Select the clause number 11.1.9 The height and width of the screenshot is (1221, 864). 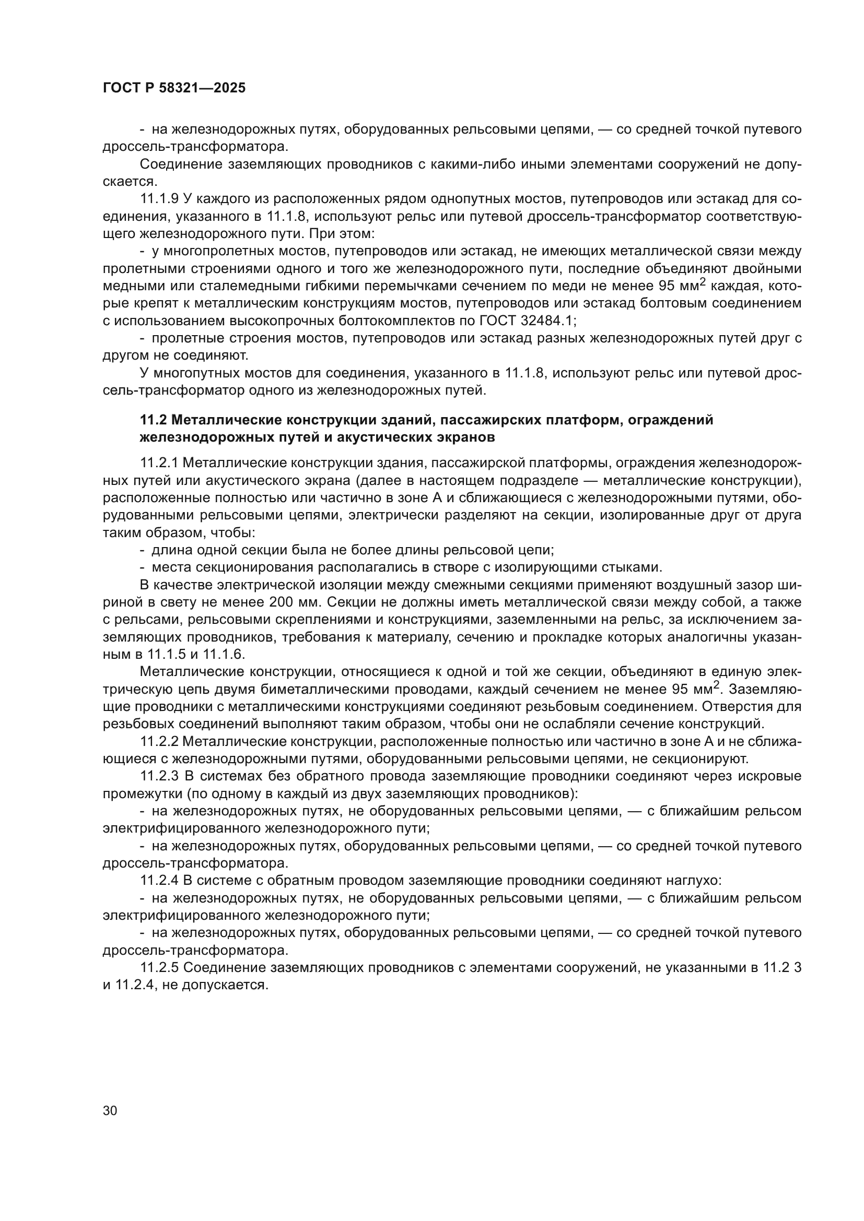[x=159, y=199]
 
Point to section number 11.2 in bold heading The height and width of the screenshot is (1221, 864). [x=153, y=420]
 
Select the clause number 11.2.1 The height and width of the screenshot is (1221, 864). [x=159, y=463]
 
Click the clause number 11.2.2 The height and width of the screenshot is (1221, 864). [x=159, y=742]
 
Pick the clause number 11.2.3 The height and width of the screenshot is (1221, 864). [x=159, y=776]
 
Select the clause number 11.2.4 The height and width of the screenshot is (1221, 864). [x=159, y=881]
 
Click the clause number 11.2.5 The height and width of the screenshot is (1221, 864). [x=159, y=967]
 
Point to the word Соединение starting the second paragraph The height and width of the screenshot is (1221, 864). [x=181, y=165]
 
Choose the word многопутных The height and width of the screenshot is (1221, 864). [x=205, y=373]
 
